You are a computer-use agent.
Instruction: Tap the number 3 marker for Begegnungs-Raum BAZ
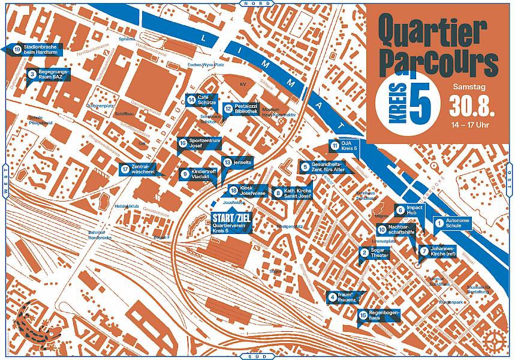(31, 74)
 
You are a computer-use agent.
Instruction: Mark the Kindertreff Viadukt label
(203, 174)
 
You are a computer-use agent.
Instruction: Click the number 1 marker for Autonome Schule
(439, 223)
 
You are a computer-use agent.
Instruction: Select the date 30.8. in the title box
(473, 107)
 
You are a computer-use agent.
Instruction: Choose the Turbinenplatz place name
(100, 105)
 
